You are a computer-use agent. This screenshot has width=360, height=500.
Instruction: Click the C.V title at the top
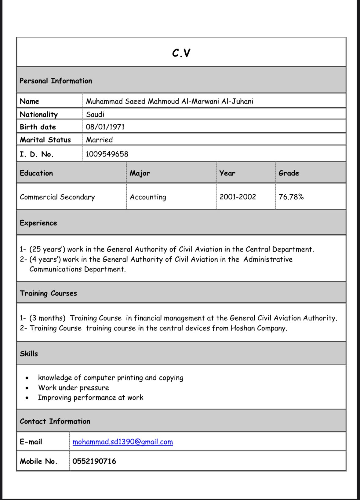click(181, 53)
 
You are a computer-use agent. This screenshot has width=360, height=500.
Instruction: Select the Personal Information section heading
click(56, 81)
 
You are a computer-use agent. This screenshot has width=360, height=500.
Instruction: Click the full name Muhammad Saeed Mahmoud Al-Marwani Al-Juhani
click(169, 101)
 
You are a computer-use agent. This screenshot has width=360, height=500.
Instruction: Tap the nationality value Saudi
click(95, 114)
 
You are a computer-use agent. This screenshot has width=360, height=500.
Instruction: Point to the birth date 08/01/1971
click(105, 127)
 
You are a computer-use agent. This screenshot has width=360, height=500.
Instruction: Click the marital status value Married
click(99, 140)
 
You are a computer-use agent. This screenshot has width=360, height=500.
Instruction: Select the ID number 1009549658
click(107, 154)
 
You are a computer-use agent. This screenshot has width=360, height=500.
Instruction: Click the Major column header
click(140, 173)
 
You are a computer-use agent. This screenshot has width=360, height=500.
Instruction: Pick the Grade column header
click(289, 173)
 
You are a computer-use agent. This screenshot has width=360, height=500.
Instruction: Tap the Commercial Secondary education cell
click(57, 197)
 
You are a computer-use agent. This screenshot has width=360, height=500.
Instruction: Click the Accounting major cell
click(148, 197)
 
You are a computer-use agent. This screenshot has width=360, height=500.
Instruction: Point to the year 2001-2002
click(238, 197)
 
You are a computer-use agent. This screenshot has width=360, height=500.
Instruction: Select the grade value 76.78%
click(291, 197)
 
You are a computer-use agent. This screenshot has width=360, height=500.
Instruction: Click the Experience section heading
click(38, 223)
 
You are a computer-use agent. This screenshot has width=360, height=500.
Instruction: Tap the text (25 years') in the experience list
click(47, 249)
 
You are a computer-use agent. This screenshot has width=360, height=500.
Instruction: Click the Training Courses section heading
click(48, 293)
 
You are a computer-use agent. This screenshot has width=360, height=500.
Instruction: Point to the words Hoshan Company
click(259, 328)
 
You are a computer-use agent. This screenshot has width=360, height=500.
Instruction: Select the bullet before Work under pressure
click(27, 388)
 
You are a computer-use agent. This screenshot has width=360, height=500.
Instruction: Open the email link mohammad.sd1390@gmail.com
click(123, 442)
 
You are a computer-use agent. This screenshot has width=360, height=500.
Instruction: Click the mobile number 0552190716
click(94, 461)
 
